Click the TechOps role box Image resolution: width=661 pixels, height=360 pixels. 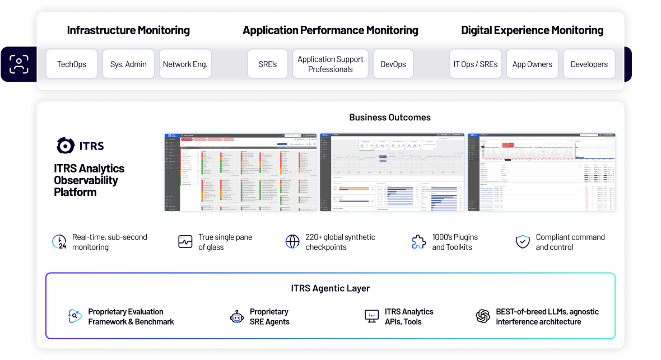(x=72, y=64)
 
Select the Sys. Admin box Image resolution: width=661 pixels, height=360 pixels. (x=128, y=64)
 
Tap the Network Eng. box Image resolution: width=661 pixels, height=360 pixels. (x=185, y=64)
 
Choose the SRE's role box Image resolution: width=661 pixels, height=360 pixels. (x=268, y=64)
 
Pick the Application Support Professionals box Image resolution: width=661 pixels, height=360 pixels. (x=330, y=64)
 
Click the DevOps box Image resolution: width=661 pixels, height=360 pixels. (x=393, y=64)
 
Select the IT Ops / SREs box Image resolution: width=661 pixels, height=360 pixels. (x=476, y=64)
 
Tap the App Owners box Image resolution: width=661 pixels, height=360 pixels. (x=532, y=64)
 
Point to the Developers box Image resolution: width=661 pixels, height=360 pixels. (x=589, y=64)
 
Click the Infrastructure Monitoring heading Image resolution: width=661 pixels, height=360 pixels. (x=128, y=30)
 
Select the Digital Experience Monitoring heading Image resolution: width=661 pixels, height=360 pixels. (x=532, y=30)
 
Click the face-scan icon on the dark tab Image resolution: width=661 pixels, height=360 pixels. (x=18, y=64)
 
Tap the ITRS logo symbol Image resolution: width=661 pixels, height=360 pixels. (x=66, y=146)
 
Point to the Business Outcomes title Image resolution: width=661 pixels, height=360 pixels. (x=390, y=117)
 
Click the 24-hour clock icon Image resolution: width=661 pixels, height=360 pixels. (x=59, y=242)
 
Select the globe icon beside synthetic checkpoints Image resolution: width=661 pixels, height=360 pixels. (x=292, y=242)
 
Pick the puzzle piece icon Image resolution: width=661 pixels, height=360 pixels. (x=418, y=242)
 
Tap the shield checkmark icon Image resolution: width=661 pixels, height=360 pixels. (x=523, y=242)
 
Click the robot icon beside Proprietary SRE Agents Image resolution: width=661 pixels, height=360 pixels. (x=237, y=317)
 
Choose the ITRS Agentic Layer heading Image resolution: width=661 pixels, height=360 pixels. (x=330, y=288)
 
